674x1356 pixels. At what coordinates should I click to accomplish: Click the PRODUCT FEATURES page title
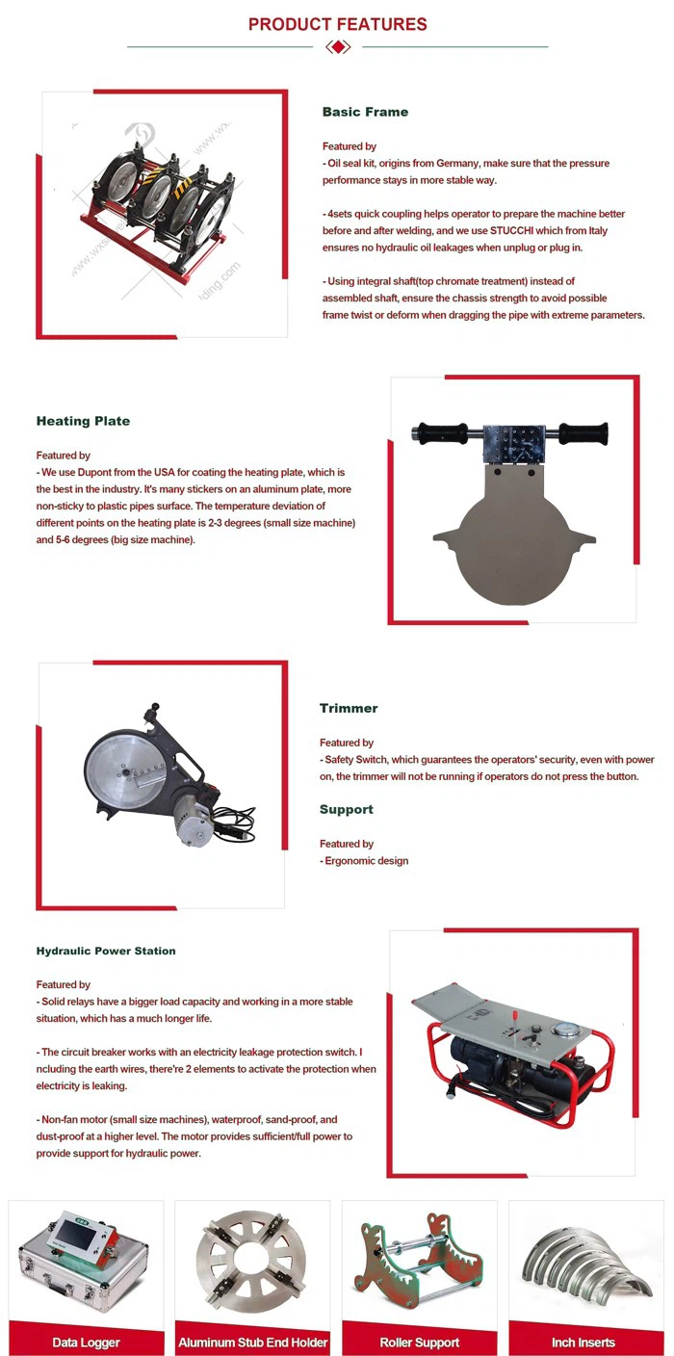(337, 24)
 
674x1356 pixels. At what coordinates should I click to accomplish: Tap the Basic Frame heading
(365, 112)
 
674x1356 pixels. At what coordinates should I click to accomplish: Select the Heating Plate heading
(83, 421)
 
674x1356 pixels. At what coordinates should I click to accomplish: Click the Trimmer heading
(349, 708)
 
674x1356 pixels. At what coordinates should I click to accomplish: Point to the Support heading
(346, 810)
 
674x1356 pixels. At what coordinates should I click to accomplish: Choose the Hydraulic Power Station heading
(106, 951)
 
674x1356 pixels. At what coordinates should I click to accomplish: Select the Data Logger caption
(86, 1342)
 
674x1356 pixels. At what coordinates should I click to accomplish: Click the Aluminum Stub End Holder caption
(253, 1342)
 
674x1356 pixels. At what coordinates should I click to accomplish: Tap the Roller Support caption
(419, 1342)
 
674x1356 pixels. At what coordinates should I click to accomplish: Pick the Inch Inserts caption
(583, 1342)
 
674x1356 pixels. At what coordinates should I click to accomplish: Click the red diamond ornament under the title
(337, 46)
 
